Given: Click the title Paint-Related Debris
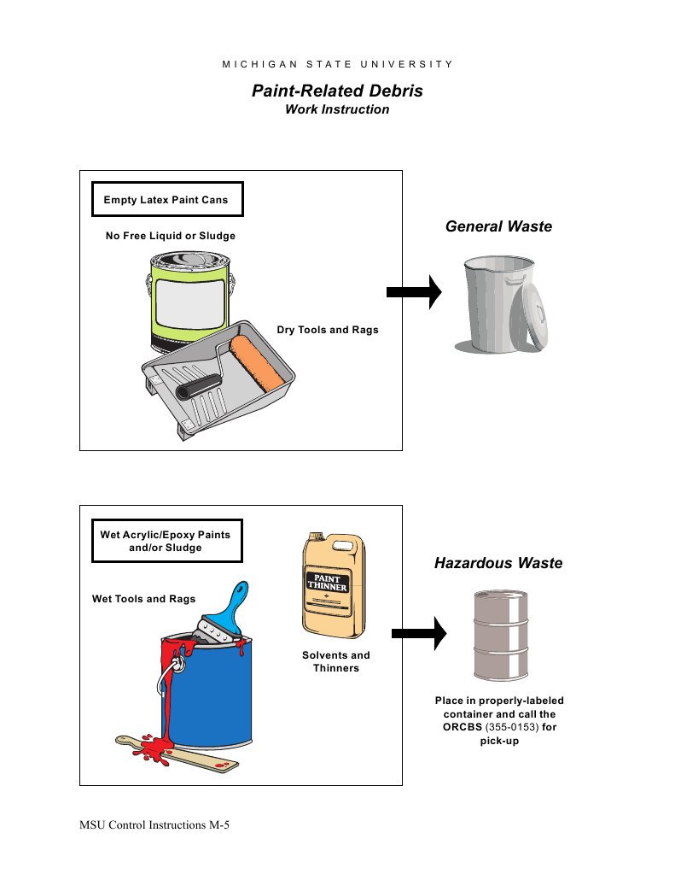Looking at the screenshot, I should (337, 91).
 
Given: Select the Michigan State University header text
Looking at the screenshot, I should (337, 64).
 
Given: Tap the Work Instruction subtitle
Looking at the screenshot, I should (337, 109).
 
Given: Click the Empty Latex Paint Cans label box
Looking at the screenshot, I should (166, 200).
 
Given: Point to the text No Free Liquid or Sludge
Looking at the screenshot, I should (170, 235).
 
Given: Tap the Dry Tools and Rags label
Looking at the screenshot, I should (328, 330).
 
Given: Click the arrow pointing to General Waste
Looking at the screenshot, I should (414, 292).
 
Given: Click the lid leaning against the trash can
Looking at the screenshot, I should (534, 316).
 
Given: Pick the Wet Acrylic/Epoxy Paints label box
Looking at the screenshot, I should (165, 541).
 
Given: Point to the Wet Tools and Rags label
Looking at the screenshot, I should (143, 599).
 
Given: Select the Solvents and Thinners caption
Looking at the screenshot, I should (336, 661).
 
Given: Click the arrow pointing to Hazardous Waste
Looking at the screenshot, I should (419, 633).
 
